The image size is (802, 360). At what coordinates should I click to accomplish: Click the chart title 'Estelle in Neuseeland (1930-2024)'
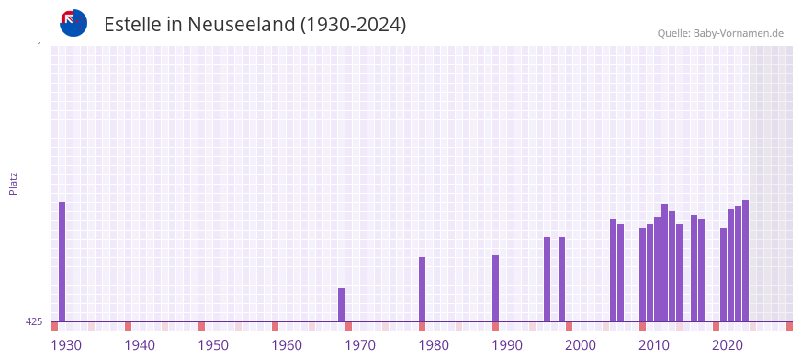[x=254, y=25]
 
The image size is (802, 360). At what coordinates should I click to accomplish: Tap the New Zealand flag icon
[x=73, y=23]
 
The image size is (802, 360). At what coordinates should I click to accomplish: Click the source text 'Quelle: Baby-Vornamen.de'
[x=719, y=33]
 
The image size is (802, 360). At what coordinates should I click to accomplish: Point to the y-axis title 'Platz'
[x=13, y=183]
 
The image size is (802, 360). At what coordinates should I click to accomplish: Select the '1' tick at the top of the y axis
[x=39, y=46]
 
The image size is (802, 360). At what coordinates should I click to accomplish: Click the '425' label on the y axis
[x=34, y=321]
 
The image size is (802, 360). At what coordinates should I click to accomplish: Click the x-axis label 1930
[x=66, y=345]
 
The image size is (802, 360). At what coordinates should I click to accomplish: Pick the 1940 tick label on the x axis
[x=140, y=345]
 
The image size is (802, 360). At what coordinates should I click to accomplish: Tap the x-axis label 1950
[x=213, y=345]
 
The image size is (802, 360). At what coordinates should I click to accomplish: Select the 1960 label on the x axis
[x=287, y=345]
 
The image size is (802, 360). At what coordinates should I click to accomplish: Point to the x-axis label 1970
[x=360, y=345]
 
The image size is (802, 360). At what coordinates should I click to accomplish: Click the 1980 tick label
[x=434, y=345]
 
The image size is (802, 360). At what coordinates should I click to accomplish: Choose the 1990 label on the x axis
[x=507, y=345]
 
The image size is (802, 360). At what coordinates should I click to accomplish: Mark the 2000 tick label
[x=581, y=345]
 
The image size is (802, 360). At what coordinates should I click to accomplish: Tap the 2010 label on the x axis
[x=654, y=345]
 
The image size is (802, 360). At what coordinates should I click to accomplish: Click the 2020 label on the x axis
[x=728, y=345]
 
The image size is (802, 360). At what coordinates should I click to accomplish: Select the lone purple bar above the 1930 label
[x=62, y=262]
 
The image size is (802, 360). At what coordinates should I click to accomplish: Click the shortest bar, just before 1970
[x=342, y=305]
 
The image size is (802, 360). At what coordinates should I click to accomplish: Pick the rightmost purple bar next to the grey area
[x=746, y=261]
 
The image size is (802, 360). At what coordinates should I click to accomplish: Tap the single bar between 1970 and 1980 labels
[x=423, y=289]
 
